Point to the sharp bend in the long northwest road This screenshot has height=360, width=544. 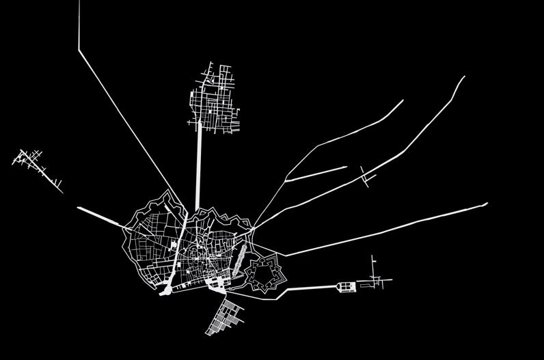tap(79, 49)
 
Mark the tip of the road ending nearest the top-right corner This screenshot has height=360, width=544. tap(464, 77)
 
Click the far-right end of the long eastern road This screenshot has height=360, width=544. tap(487, 203)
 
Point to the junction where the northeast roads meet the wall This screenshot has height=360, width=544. tap(253, 227)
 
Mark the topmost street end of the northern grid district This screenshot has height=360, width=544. tap(208, 63)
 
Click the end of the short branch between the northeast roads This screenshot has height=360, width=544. tap(346, 167)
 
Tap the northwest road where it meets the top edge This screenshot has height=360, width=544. tap(80, 2)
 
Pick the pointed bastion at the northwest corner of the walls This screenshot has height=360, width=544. tap(166, 194)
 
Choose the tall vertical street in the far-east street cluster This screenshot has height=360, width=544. tap(373, 268)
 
